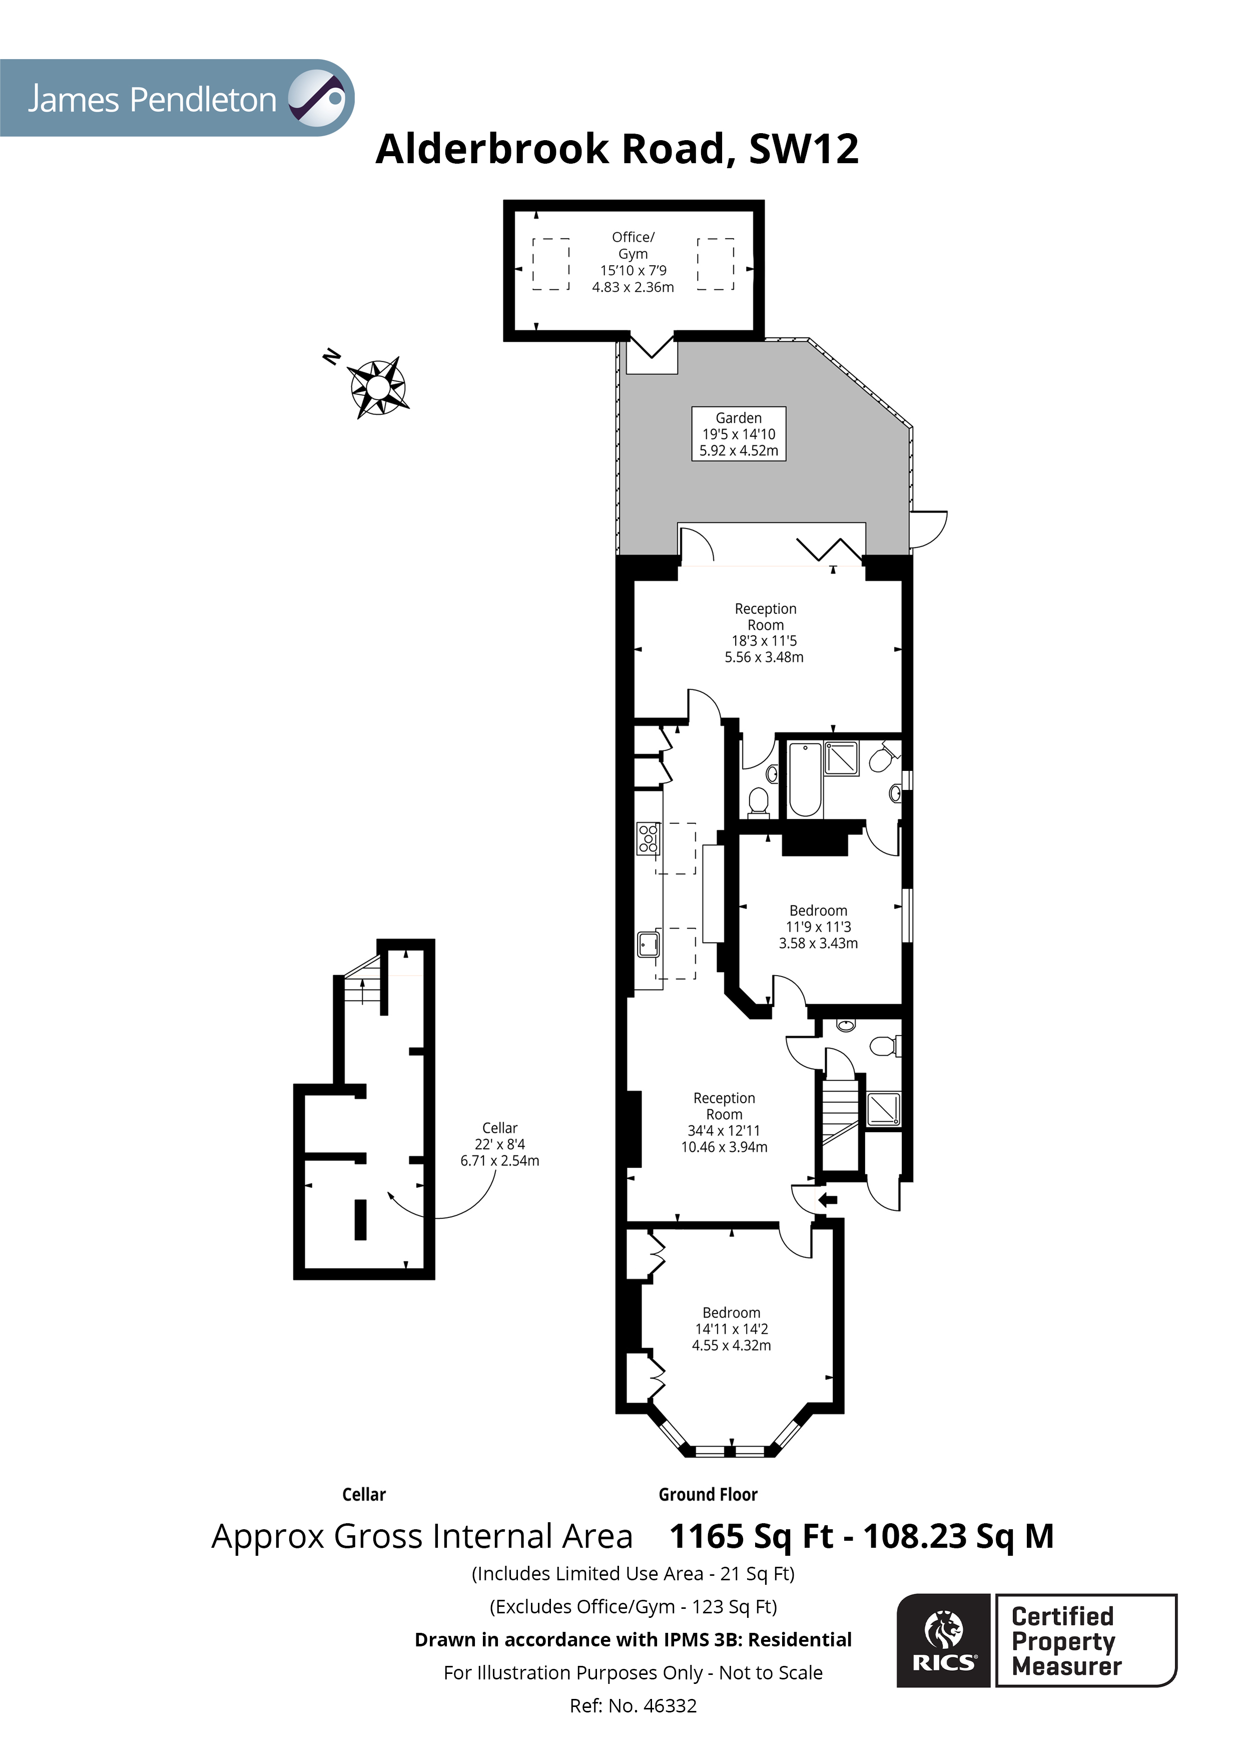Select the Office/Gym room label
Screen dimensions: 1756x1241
(633, 262)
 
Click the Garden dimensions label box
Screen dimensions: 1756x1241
(739, 433)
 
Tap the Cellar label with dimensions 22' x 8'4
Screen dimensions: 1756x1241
(499, 1144)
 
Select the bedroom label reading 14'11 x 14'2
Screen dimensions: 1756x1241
(731, 1329)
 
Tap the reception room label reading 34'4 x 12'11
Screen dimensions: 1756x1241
(724, 1122)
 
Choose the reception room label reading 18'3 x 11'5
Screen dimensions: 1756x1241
(765, 633)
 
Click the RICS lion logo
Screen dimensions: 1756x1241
(944, 1640)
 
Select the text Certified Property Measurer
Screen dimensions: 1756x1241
(1065, 1641)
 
